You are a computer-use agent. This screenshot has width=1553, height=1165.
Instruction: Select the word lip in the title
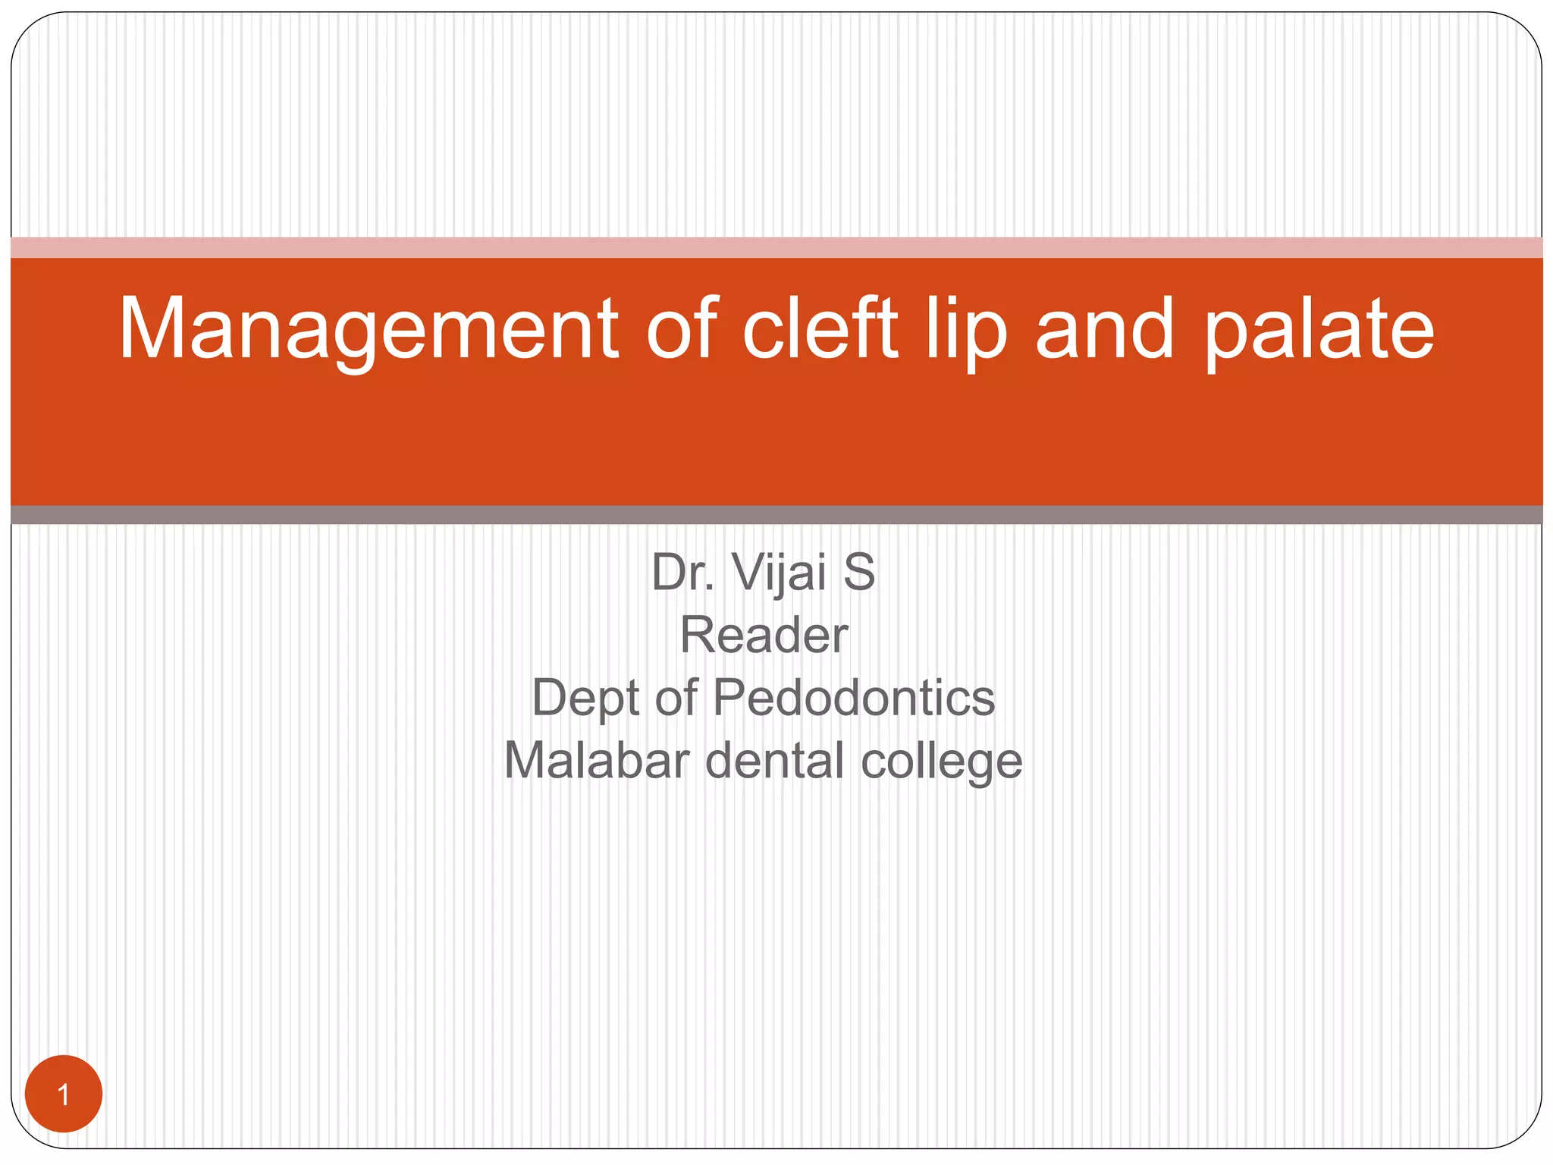[x=966, y=330]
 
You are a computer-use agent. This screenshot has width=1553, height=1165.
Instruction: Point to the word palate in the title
[x=1319, y=330]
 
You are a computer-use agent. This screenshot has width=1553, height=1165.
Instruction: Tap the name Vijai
[x=779, y=573]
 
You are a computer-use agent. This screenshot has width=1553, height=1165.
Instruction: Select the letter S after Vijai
[x=859, y=572]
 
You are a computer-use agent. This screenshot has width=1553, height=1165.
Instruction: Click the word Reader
[x=764, y=635]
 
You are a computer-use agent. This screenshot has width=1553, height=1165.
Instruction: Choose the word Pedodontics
[x=854, y=697]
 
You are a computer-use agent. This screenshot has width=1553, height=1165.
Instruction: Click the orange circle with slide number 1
[x=64, y=1094]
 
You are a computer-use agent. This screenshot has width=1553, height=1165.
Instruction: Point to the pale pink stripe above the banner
[x=776, y=247]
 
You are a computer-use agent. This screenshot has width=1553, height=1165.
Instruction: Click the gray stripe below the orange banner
[x=776, y=515]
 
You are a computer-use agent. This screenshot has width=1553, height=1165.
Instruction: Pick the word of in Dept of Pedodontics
[x=676, y=697]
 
